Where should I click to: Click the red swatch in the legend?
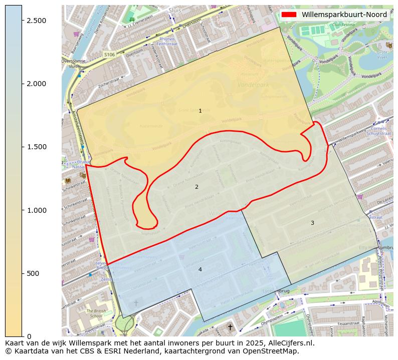coord(289,15)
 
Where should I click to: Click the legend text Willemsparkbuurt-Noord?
coord(344,15)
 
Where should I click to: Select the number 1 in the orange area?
coord(200,111)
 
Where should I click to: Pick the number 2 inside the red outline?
coord(196,187)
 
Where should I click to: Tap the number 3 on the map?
coord(312,223)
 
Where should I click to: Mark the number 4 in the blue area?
coord(200,269)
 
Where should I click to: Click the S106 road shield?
coord(109,54)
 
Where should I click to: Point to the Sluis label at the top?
coord(175,10)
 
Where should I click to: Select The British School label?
coord(96,313)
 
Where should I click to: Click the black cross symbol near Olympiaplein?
coord(230,327)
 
